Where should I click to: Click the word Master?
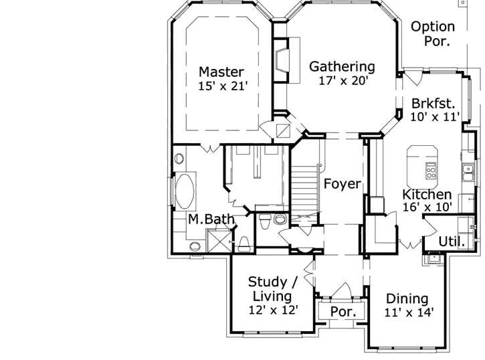221,72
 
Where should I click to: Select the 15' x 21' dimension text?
223,86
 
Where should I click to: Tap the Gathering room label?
341,66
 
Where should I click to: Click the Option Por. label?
433,33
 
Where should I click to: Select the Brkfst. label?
433,104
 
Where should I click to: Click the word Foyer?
342,183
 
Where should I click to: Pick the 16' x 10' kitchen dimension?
426,207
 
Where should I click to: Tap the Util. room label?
452,241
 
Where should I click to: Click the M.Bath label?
205,219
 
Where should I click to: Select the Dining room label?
407,299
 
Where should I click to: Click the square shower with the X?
217,240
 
